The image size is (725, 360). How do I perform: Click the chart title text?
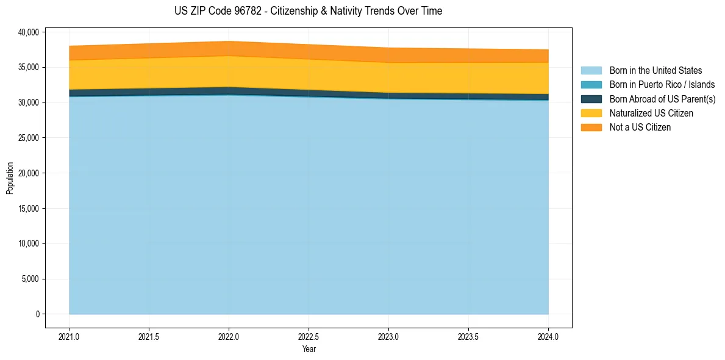[x=308, y=11]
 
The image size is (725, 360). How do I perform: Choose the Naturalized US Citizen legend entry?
[x=651, y=113]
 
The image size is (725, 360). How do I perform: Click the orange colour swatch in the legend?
[x=591, y=128]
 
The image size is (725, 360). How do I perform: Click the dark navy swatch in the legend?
[x=591, y=99]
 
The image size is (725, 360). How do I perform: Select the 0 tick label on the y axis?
[x=37, y=314]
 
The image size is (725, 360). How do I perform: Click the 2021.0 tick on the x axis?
[x=70, y=336]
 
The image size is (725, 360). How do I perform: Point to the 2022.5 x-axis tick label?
[x=309, y=336]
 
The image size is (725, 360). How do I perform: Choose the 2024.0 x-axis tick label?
[x=548, y=336]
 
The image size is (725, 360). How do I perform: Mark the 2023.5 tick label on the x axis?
[x=468, y=336]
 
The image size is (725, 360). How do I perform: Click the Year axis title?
[x=309, y=350]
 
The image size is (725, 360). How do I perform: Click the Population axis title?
[x=10, y=178]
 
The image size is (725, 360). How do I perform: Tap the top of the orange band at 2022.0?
[x=229, y=41]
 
